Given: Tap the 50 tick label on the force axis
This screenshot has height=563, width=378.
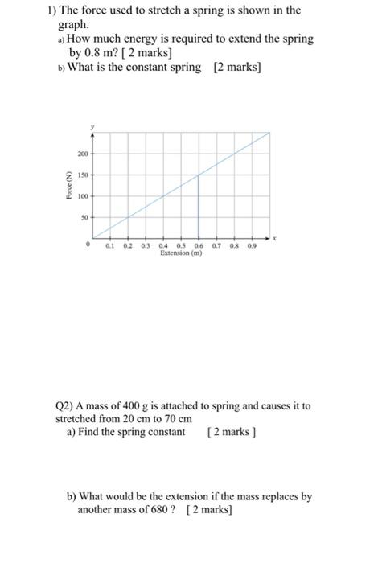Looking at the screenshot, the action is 83,217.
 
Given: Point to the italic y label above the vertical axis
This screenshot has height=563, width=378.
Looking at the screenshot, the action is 92,127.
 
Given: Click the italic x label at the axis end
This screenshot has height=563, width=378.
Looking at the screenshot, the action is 274,238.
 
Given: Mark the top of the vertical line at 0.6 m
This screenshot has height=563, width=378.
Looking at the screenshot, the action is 199,175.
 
